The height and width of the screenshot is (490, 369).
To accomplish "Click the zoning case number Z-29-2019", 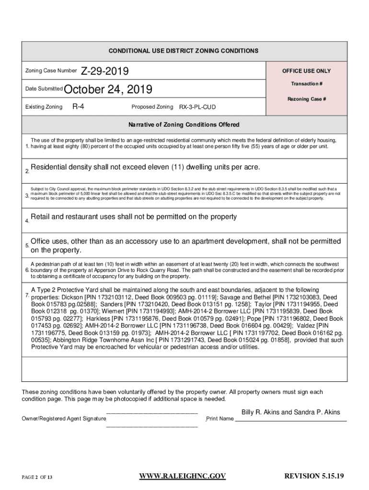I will click(104, 71).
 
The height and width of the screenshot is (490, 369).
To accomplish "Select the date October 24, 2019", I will click(108, 89).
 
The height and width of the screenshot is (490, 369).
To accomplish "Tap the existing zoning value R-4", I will click(78, 106).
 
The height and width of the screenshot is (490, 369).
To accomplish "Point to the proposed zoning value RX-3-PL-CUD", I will click(197, 107).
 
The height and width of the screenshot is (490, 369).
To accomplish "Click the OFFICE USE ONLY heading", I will click(306, 71).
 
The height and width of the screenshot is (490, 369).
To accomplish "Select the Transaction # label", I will click(306, 84).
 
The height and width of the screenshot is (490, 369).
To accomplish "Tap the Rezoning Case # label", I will click(306, 99).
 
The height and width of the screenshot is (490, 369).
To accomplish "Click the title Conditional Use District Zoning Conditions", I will click(184, 51).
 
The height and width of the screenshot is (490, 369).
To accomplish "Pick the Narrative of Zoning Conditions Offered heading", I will click(184, 125).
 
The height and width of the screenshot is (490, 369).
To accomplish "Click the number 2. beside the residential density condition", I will click(27, 171).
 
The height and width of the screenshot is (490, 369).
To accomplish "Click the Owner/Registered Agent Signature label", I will click(64, 419).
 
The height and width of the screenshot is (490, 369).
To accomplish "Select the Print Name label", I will click(220, 419).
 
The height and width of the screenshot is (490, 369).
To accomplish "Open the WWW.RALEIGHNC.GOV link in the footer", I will click(182, 476).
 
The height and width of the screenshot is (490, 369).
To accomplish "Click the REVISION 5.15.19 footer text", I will click(314, 476).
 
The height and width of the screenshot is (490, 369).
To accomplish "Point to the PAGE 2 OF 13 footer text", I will click(37, 477).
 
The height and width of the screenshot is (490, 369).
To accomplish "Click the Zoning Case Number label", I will click(50, 71).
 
